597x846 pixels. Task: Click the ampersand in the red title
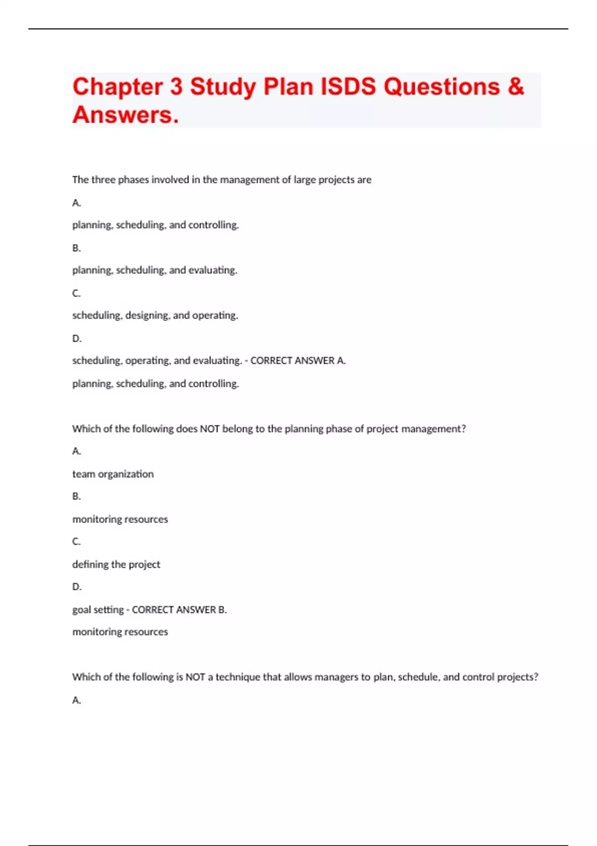(516, 87)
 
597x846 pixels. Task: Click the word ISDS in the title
(348, 87)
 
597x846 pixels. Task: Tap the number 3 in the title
(176, 87)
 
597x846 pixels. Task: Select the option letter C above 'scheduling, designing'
(76, 293)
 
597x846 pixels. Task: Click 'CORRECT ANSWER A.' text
(298, 360)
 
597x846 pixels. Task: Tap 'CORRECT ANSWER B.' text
(179, 610)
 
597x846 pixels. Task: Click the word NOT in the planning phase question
(209, 428)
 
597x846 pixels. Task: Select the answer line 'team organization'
(113, 474)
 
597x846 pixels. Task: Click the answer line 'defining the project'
(116, 564)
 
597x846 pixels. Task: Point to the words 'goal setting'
(98, 610)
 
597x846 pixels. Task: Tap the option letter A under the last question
(76, 700)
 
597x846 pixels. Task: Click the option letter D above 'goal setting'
(77, 587)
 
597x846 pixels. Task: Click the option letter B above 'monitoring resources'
(76, 496)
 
